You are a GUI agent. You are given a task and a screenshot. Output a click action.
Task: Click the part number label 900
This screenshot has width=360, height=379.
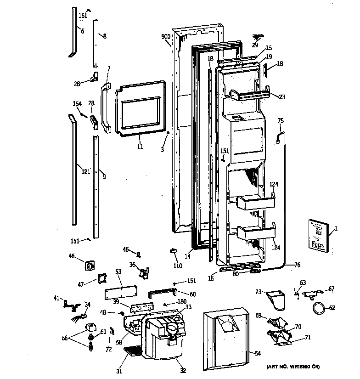click(166, 37)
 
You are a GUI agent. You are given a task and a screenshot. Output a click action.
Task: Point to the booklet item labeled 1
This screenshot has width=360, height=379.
click(319, 235)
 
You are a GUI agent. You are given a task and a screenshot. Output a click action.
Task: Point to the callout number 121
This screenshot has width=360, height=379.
click(86, 171)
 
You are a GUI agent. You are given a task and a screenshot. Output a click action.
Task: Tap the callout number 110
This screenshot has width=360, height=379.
click(177, 266)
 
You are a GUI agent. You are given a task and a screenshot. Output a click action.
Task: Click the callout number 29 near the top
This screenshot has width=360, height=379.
click(255, 45)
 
